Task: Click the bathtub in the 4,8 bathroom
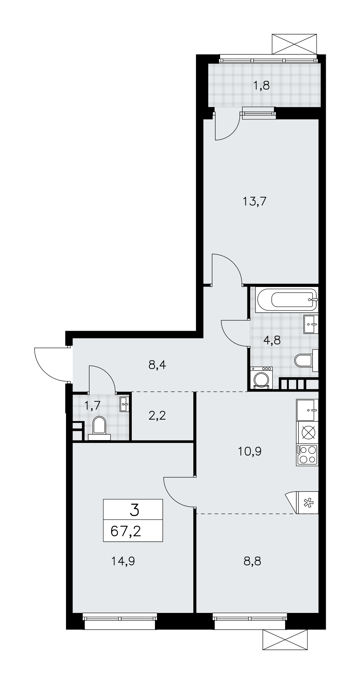tap(287, 300)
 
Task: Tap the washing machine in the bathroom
tap(262, 378)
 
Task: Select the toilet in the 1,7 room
tap(99, 428)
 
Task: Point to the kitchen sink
tap(308, 410)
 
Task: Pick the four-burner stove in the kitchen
tap(308, 455)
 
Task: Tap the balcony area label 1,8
tap(261, 85)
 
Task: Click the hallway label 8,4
tap(157, 365)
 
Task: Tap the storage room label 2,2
tap(157, 416)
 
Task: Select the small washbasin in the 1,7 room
tap(125, 405)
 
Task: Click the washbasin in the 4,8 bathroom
tap(311, 324)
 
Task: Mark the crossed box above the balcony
tap(294, 43)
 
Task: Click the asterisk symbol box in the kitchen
tap(308, 502)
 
